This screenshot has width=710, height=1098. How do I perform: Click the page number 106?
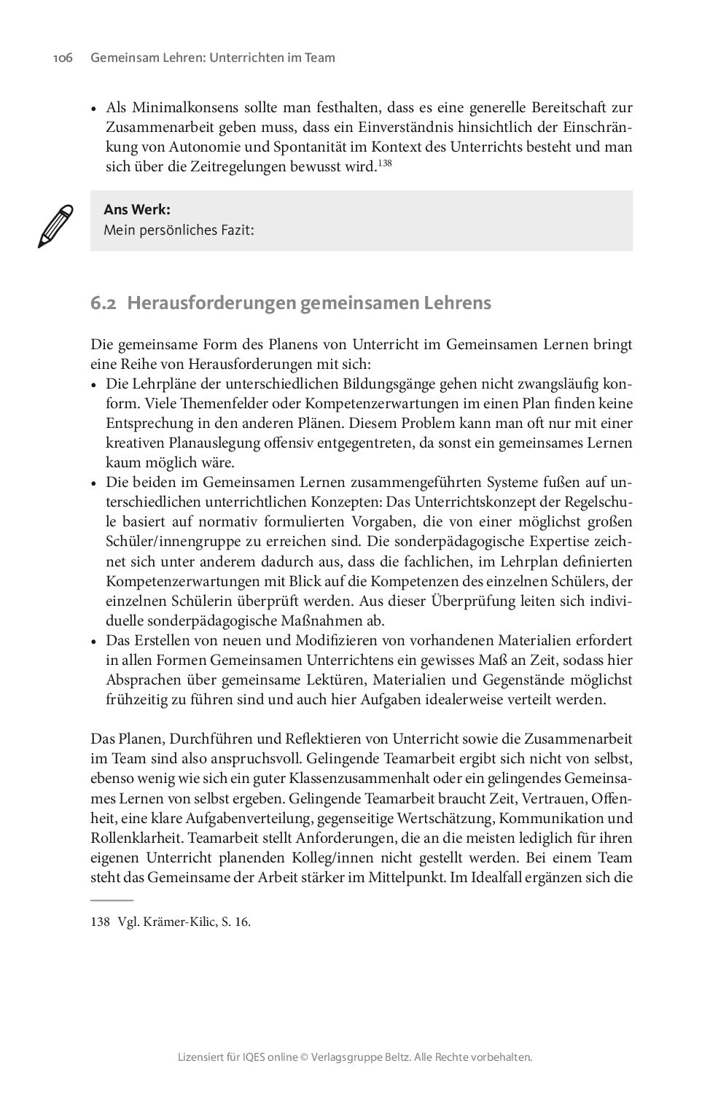point(63,58)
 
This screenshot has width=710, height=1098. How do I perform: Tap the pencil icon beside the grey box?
point(55,226)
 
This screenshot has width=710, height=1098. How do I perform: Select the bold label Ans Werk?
point(137,210)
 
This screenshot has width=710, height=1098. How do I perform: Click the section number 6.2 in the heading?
point(104,303)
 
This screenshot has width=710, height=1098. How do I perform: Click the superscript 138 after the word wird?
point(385,163)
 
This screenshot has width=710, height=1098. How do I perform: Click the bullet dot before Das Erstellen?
point(94,642)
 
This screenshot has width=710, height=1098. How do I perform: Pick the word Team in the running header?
point(320,58)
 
